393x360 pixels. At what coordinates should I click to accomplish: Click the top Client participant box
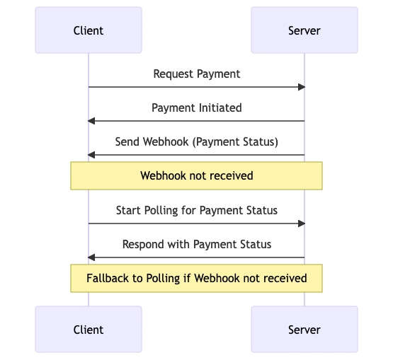pyautogui.click(x=89, y=30)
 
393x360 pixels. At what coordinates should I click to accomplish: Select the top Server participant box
pyautogui.click(x=304, y=30)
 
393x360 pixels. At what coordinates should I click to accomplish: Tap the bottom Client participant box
pyautogui.click(x=89, y=329)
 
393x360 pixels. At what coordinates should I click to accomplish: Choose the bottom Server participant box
pyautogui.click(x=304, y=329)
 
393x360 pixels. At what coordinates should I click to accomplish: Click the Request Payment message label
pyautogui.click(x=197, y=74)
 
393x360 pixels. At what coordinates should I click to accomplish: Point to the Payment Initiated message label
pyautogui.click(x=197, y=108)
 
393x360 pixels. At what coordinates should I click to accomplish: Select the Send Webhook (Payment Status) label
pyautogui.click(x=197, y=142)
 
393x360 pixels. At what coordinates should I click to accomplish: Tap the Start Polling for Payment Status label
pyautogui.click(x=197, y=210)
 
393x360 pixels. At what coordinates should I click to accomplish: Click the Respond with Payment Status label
pyautogui.click(x=197, y=244)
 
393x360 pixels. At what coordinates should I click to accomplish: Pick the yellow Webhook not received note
pyautogui.click(x=197, y=175)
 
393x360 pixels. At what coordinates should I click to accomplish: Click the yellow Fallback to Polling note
pyautogui.click(x=197, y=278)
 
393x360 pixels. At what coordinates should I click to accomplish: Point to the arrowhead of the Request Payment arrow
pyautogui.click(x=302, y=87)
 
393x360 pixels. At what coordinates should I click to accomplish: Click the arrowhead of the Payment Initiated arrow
pyautogui.click(x=91, y=121)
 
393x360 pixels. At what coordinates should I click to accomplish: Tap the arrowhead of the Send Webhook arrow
pyautogui.click(x=91, y=155)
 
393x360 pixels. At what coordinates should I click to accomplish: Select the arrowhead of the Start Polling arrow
pyautogui.click(x=302, y=223)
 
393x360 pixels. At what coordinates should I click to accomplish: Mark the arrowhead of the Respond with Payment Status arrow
pyautogui.click(x=91, y=257)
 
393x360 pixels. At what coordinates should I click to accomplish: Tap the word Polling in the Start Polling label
pyautogui.click(x=161, y=211)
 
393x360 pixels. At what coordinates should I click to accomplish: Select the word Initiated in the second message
pyautogui.click(x=220, y=108)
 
